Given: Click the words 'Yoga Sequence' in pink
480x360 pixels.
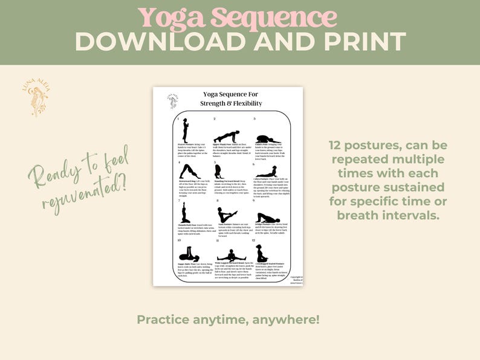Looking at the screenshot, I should point(237,17).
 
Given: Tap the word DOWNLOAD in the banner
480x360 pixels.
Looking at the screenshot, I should point(163,42).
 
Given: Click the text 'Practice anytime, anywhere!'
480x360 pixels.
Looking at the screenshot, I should point(228,319).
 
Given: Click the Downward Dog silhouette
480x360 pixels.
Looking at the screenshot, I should point(189,172).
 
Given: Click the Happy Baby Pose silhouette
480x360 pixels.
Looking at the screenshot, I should point(189,253).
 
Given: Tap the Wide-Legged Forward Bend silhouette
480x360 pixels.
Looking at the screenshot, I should point(227,256).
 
